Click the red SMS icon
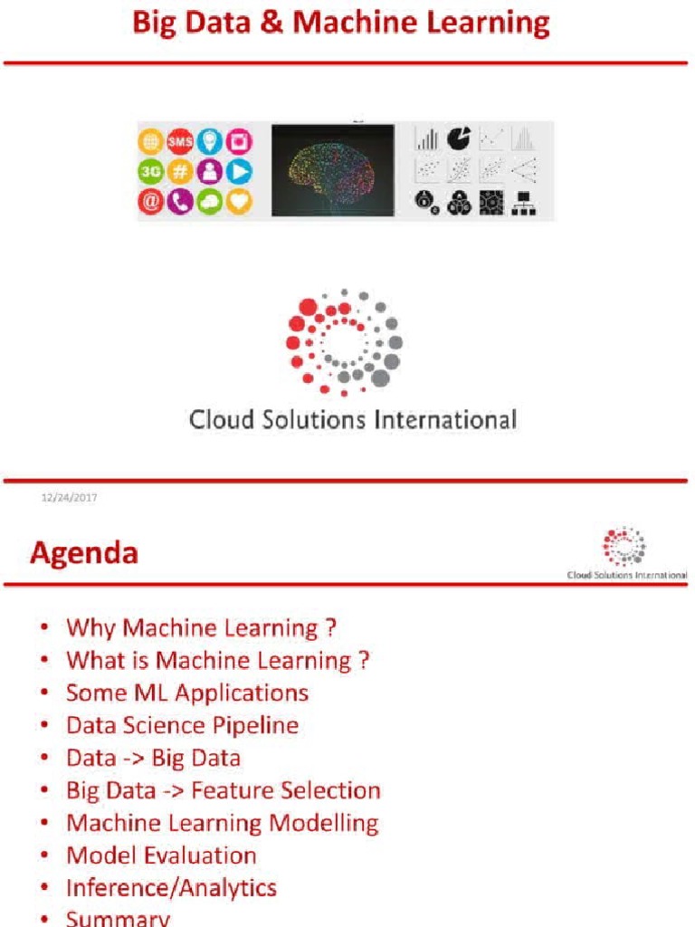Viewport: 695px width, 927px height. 180,141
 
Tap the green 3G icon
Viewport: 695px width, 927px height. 150,171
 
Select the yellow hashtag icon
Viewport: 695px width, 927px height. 180,171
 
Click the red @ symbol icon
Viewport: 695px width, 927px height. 150,201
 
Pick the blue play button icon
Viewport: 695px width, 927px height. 239,171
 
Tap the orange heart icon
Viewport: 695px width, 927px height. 239,201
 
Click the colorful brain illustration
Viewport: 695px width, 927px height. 332,169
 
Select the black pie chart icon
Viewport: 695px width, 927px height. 459,139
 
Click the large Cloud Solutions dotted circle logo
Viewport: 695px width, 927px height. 343,342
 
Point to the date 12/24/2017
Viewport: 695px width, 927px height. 70,497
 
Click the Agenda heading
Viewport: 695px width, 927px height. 84,552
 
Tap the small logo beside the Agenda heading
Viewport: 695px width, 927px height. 624,547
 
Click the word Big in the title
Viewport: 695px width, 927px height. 154,23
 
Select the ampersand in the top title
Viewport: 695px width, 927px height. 275,23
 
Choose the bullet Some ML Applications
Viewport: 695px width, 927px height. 186,693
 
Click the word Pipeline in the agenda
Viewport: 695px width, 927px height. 255,726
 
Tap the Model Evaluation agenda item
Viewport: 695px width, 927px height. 161,855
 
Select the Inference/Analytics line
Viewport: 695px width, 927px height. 171,888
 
